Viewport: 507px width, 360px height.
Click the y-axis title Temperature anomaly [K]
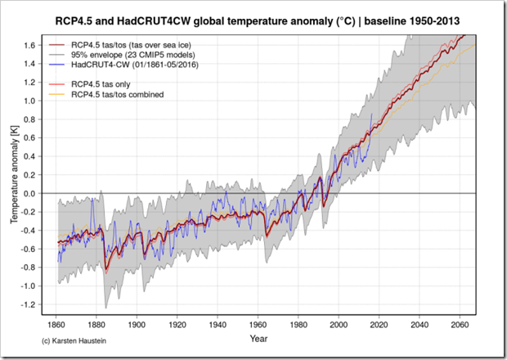point(15,179)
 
